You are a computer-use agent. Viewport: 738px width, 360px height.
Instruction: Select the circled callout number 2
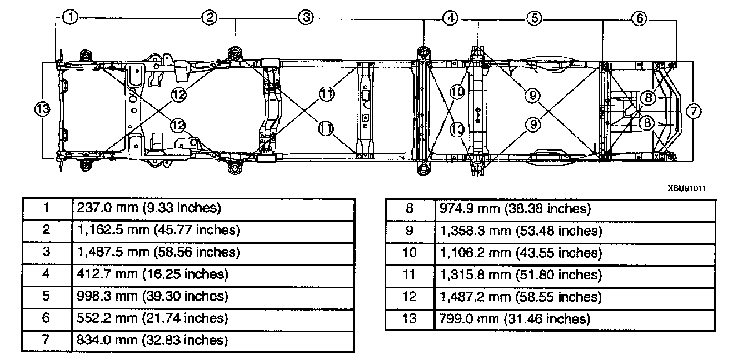[x=209, y=18]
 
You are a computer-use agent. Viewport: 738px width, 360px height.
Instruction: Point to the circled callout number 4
[x=451, y=18]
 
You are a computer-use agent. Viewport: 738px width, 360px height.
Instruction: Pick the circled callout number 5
[x=534, y=18]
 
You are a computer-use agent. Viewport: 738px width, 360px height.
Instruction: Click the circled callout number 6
[x=640, y=18]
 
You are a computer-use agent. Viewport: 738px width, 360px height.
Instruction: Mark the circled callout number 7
[x=693, y=111]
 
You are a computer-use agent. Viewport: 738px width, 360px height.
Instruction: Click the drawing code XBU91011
[x=687, y=188]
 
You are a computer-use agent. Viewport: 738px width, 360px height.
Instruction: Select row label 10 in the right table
[x=410, y=253]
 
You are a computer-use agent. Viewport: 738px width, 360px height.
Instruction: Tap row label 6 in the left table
[x=47, y=318]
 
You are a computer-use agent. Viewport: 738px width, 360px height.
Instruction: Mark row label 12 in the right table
[x=410, y=297]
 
